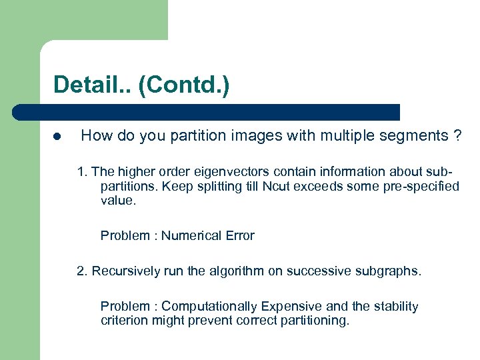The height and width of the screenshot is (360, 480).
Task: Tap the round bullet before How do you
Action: (57, 137)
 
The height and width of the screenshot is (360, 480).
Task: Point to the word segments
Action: (415, 136)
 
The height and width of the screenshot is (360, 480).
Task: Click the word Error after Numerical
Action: (239, 235)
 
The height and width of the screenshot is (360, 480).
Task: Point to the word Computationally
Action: (209, 306)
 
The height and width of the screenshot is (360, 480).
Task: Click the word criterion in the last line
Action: (123, 320)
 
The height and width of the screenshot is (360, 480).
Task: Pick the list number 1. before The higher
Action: (82, 171)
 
